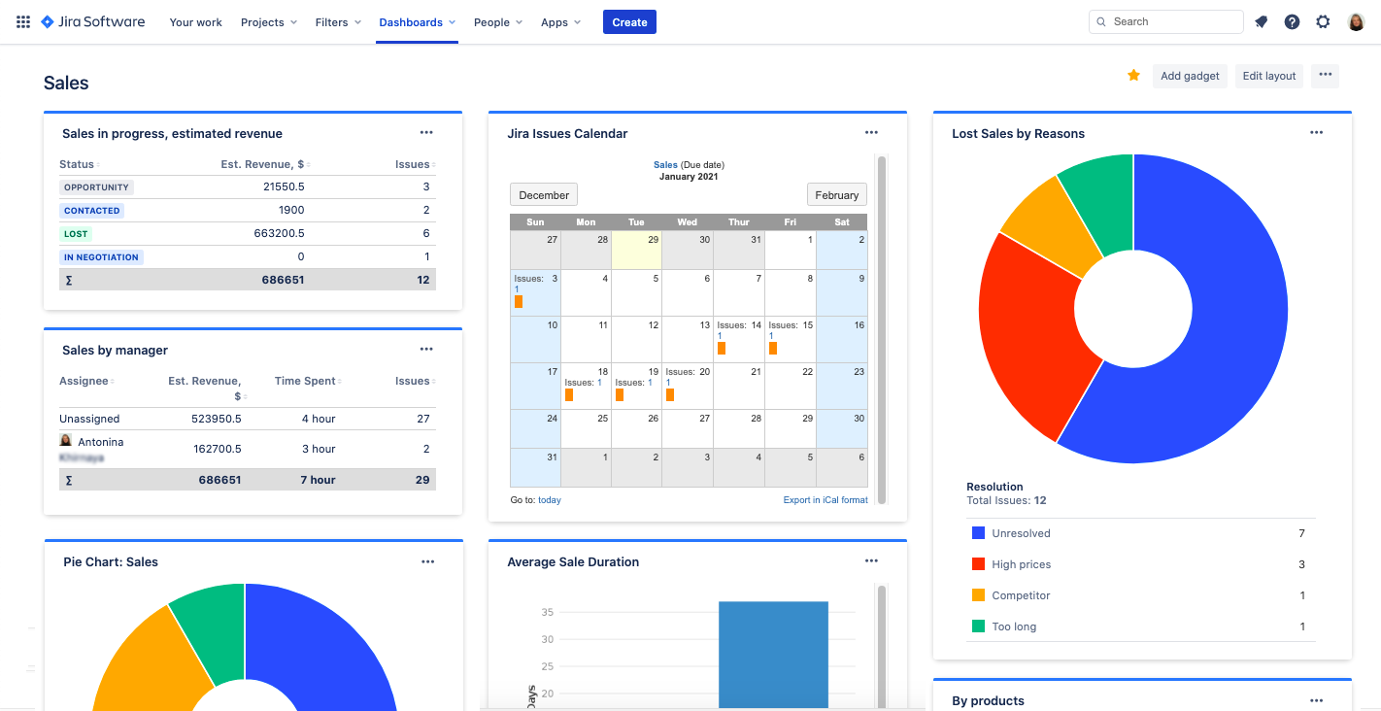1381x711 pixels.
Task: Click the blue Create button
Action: click(x=629, y=22)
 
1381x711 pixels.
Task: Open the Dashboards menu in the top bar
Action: click(x=417, y=22)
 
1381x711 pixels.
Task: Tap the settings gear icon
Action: click(x=1323, y=21)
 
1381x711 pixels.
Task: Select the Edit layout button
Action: click(x=1268, y=76)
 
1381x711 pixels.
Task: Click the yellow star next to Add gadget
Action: click(x=1133, y=76)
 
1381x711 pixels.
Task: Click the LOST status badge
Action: click(x=76, y=234)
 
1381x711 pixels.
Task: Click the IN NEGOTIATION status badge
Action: click(x=102, y=257)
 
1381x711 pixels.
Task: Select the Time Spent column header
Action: click(x=305, y=381)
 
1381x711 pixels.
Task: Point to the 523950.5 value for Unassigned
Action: click(x=217, y=419)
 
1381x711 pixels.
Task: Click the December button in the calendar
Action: click(x=544, y=195)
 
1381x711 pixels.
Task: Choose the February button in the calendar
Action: click(x=836, y=195)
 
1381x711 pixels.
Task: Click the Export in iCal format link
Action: click(x=825, y=500)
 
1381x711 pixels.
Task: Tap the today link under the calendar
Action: click(x=550, y=500)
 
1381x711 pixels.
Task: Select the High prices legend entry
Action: click(x=1021, y=564)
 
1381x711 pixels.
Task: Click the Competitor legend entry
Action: click(x=1021, y=595)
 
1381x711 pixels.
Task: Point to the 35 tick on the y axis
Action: click(x=547, y=612)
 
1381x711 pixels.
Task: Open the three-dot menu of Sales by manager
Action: click(x=426, y=350)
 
